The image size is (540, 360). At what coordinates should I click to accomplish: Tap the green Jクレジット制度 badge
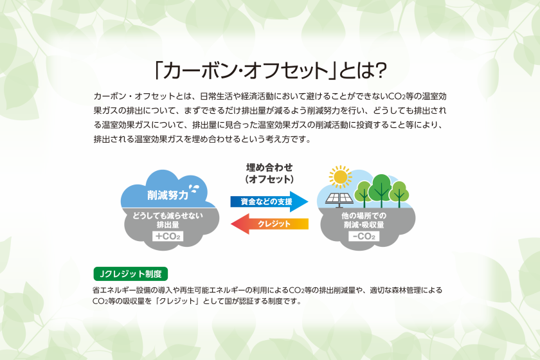pos(130,274)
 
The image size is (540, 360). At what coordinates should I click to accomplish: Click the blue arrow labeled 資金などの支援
pos(269,201)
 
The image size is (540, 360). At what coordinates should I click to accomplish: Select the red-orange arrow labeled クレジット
pos(269,224)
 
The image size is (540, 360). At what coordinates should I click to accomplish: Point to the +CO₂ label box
pos(168,237)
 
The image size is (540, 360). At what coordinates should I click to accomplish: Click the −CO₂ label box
pos(364,237)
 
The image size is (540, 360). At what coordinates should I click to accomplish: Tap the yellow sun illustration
pos(340,177)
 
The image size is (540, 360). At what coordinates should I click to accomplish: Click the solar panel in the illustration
pos(339,199)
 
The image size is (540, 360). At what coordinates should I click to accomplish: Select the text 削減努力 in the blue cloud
pos(168,195)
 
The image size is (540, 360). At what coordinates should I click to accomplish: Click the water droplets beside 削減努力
pos(195,188)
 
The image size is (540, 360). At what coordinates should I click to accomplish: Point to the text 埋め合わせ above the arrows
pos(269,168)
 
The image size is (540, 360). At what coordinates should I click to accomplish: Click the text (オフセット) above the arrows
pos(269,179)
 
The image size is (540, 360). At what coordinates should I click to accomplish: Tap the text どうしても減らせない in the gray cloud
pos(168,216)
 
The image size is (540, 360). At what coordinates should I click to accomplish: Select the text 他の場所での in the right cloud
pos(364,216)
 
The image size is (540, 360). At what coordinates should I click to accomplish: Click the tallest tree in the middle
pos(381,190)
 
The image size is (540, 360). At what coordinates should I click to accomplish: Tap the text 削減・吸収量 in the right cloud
pos(364,225)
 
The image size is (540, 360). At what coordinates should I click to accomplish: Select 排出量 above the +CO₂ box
pos(168,225)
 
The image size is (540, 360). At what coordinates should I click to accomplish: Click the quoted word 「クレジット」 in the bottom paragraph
pos(178,301)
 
